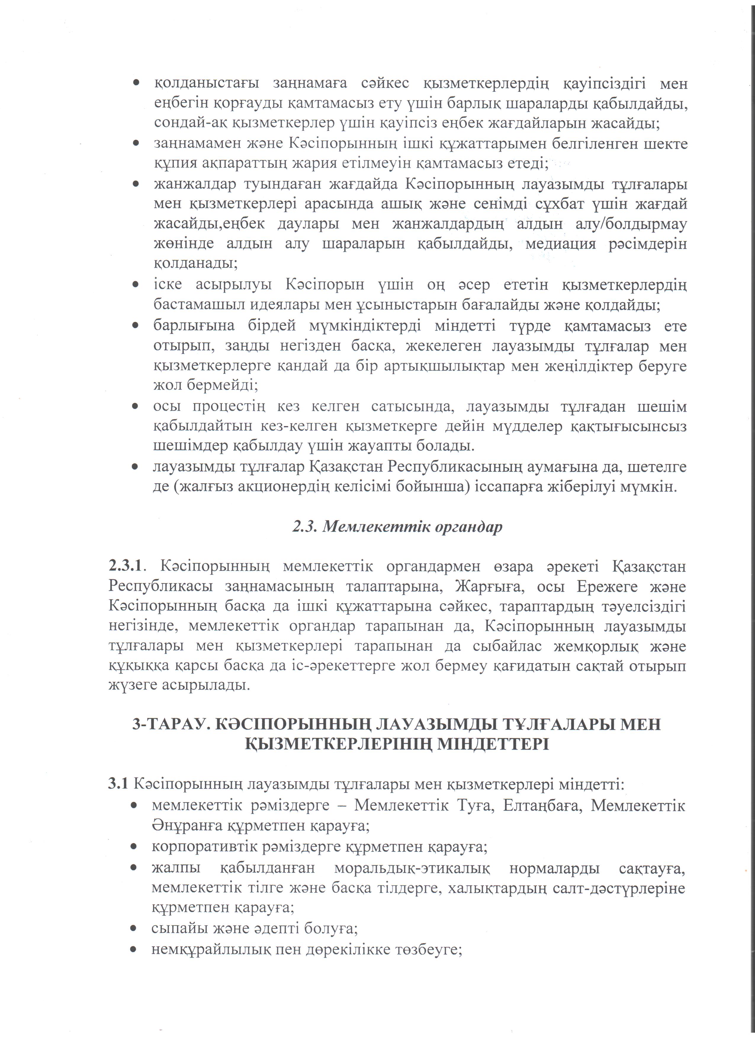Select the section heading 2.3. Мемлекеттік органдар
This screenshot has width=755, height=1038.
pyautogui.click(x=397, y=527)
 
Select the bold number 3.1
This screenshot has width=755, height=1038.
pyautogui.click(x=118, y=784)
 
